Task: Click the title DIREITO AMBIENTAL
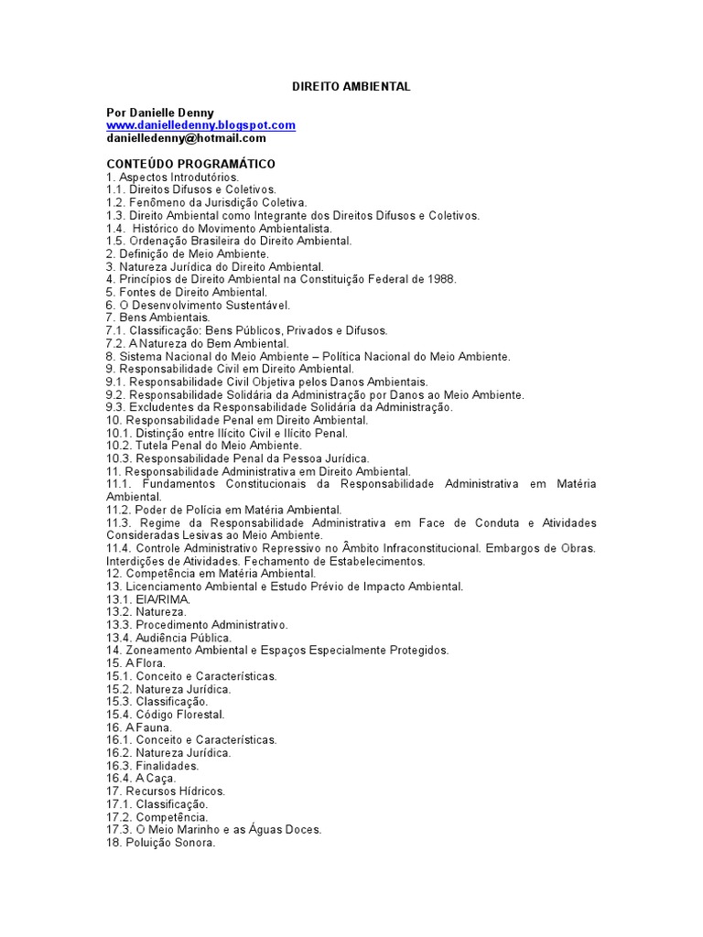351,86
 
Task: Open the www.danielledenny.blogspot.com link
200,125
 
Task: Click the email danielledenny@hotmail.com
186,138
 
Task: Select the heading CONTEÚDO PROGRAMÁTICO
190,164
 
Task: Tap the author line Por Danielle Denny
160,113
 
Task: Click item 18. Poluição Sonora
160,843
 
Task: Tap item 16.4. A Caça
141,779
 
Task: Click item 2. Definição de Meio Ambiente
188,253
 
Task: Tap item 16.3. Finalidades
152,766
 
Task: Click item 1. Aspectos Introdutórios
172,177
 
